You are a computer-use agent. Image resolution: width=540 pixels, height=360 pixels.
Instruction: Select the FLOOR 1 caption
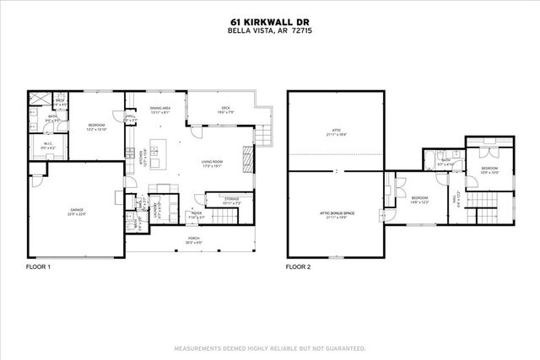[39, 266]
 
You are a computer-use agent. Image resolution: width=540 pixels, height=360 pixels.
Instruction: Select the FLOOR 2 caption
[298, 266]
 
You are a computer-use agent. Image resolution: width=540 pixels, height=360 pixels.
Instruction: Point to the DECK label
[225, 108]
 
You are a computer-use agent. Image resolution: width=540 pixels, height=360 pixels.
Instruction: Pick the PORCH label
[193, 239]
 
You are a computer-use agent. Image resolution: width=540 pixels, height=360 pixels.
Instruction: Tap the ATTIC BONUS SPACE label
[336, 214]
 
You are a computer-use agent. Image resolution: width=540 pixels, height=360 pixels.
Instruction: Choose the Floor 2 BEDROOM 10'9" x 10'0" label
[489, 169]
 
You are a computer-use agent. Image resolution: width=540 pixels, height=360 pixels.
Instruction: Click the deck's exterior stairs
[264, 134]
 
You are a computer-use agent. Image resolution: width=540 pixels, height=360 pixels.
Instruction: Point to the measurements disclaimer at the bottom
[269, 347]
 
